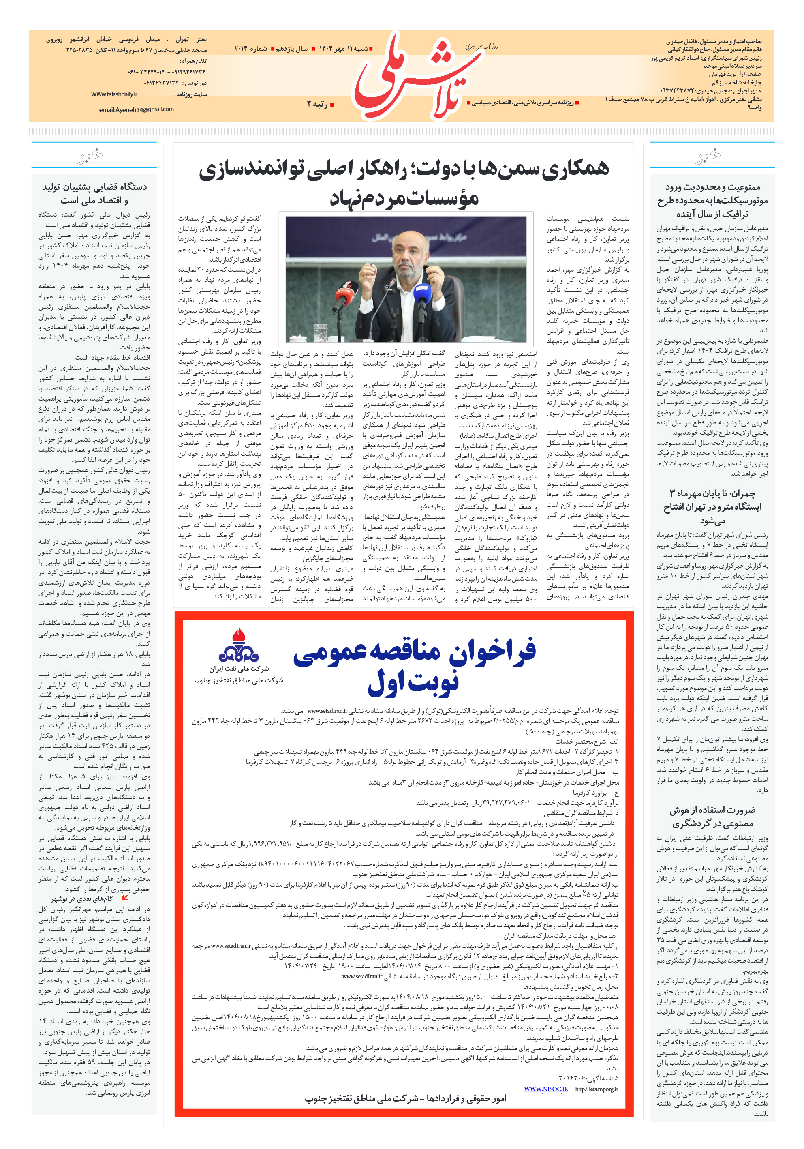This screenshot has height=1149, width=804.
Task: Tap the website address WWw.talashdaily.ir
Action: (x=114, y=94)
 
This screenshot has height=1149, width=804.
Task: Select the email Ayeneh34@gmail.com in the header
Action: (x=136, y=109)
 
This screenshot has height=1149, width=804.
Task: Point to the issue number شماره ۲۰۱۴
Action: (x=250, y=49)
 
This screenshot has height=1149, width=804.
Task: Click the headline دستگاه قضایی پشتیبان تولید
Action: (x=94, y=186)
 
